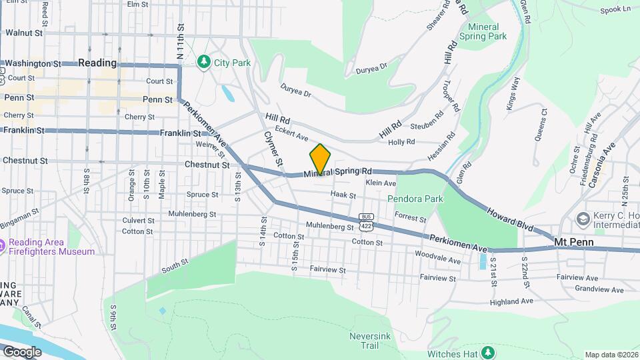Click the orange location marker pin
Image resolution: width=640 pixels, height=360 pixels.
[321, 159]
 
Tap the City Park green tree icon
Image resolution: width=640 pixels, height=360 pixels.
[203, 63]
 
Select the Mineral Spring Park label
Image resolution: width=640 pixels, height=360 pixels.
[487, 31]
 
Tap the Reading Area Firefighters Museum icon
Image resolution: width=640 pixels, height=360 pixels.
[3, 247]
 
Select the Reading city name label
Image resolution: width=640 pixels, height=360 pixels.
[97, 63]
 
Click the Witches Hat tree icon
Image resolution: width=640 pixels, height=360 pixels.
[489, 351]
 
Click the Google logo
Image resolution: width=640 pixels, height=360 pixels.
[21, 351]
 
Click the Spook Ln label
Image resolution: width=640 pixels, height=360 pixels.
[615, 9]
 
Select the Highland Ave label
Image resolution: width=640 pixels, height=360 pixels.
[511, 301]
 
